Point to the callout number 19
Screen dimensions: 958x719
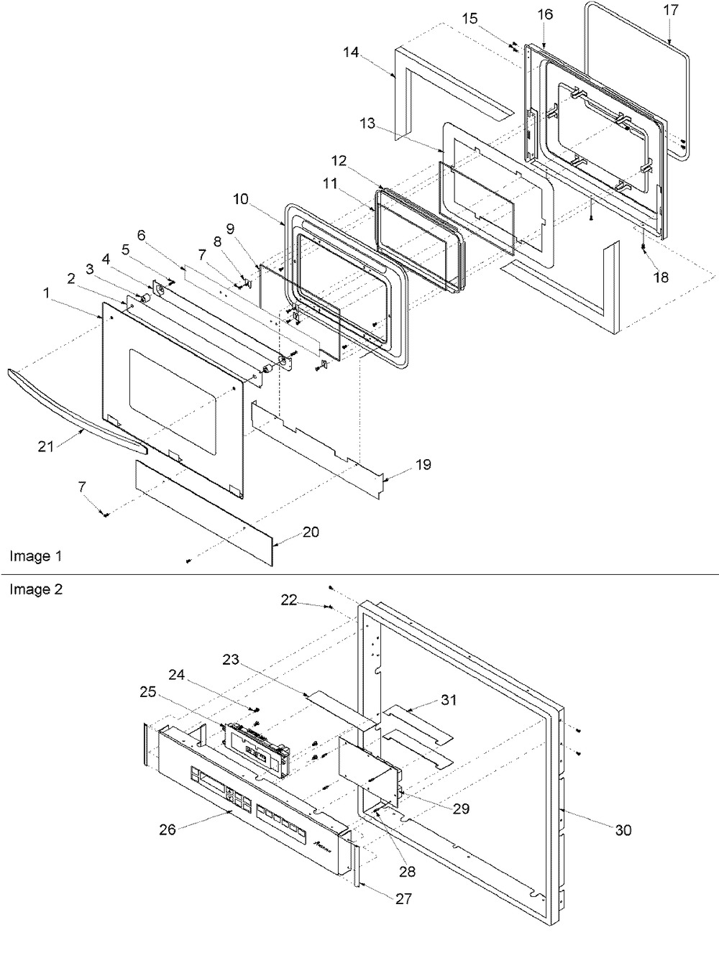(x=423, y=465)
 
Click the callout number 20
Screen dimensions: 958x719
(x=310, y=533)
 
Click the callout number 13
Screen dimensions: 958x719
(x=368, y=123)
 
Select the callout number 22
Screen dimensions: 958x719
(x=289, y=600)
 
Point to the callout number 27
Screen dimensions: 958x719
(x=402, y=898)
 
